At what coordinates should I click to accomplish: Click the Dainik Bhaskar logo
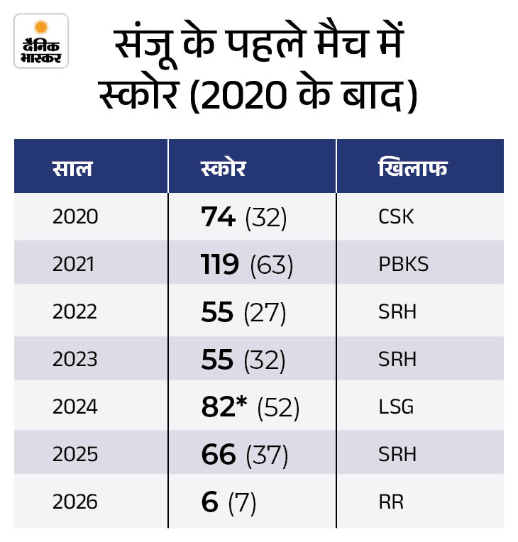[41, 40]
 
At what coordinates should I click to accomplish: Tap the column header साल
[72, 170]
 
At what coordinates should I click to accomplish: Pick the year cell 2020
[75, 216]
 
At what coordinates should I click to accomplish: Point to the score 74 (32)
[243, 216]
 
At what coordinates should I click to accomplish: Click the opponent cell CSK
[397, 216]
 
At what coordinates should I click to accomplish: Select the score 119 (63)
[247, 265]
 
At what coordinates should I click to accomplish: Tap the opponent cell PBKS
[404, 265]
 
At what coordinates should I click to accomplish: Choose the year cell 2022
[75, 312]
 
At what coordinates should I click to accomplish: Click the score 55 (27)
[243, 312]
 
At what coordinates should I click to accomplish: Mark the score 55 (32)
[243, 360]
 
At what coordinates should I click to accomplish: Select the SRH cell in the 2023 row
[397, 360]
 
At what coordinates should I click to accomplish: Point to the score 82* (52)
[250, 407]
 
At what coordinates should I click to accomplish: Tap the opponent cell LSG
[396, 407]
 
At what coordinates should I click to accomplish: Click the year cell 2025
[75, 455]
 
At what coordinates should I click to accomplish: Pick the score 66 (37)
[245, 455]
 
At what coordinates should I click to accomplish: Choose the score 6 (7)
[228, 502]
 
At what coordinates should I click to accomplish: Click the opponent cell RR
[391, 502]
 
